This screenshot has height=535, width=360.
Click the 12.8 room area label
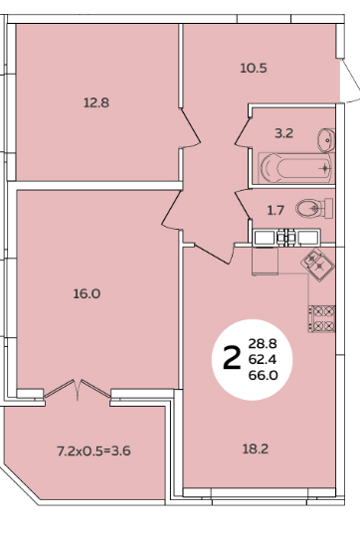(96, 102)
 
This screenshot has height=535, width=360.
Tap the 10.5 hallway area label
(254, 69)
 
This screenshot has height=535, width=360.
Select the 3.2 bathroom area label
(283, 133)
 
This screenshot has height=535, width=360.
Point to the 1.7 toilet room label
(275, 210)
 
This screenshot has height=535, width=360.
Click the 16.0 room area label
(87, 293)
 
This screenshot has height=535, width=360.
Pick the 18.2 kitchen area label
(256, 449)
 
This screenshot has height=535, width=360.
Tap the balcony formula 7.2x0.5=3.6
(93, 451)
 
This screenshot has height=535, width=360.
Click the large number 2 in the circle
(232, 358)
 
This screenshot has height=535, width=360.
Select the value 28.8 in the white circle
(263, 344)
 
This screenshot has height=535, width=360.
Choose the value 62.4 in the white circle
(263, 359)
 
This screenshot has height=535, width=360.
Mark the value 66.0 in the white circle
(264, 375)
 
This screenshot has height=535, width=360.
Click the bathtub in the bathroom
(294, 167)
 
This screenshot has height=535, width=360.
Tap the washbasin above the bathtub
(326, 140)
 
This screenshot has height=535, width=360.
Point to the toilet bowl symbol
(314, 208)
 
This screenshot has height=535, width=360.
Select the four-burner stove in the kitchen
(322, 319)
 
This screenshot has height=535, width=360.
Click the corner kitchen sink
(317, 265)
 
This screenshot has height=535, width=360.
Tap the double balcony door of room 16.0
(78, 389)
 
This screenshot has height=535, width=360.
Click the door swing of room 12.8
(190, 128)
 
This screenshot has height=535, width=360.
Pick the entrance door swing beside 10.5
(351, 81)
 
